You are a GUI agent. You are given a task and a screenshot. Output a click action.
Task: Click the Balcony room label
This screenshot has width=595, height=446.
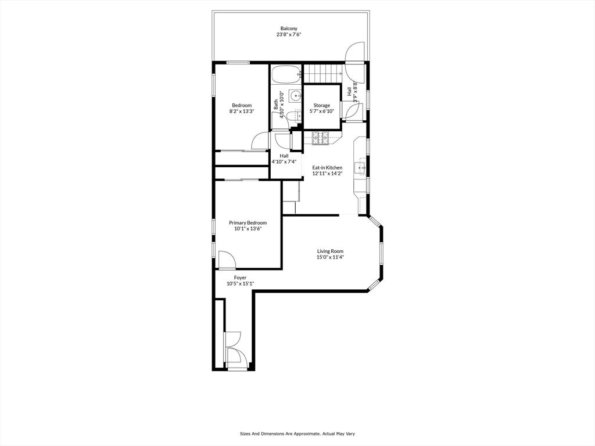point(289,28)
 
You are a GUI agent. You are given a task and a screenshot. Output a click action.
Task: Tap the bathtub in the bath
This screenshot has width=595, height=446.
point(285,74)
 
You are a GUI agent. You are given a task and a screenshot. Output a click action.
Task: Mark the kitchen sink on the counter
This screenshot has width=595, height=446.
point(361,168)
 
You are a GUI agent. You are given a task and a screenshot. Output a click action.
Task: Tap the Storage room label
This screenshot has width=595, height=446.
point(321,105)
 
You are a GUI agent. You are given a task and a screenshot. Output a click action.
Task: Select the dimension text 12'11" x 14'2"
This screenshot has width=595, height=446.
point(327,173)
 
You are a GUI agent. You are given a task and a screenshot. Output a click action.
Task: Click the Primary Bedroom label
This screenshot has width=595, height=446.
point(248,222)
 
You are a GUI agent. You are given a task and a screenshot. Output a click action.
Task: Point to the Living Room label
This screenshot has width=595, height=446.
point(329,251)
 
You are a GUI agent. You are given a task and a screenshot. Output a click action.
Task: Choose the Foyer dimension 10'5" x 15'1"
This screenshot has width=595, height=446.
point(240,283)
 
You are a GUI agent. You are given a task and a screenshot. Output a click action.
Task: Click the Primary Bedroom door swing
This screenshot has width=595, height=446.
point(227,260)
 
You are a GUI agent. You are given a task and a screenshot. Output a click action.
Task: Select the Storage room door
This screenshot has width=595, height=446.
point(350,110)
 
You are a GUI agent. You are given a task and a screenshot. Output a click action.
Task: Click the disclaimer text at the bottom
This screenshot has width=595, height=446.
point(297,433)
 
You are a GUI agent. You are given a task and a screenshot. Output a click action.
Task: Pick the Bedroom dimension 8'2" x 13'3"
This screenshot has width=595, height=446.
point(242,111)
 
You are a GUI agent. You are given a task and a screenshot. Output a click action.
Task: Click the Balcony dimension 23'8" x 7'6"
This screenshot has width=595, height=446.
point(289,35)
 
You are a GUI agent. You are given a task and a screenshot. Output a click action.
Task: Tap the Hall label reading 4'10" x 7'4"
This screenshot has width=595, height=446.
point(284,161)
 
